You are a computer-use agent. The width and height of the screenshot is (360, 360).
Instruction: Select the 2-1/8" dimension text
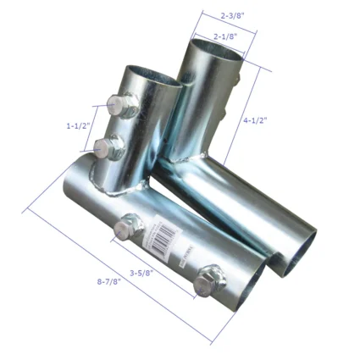[224, 36]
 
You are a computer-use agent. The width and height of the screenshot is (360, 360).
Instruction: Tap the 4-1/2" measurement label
[253, 120]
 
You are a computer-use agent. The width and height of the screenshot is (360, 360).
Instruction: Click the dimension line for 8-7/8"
[119, 271]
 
